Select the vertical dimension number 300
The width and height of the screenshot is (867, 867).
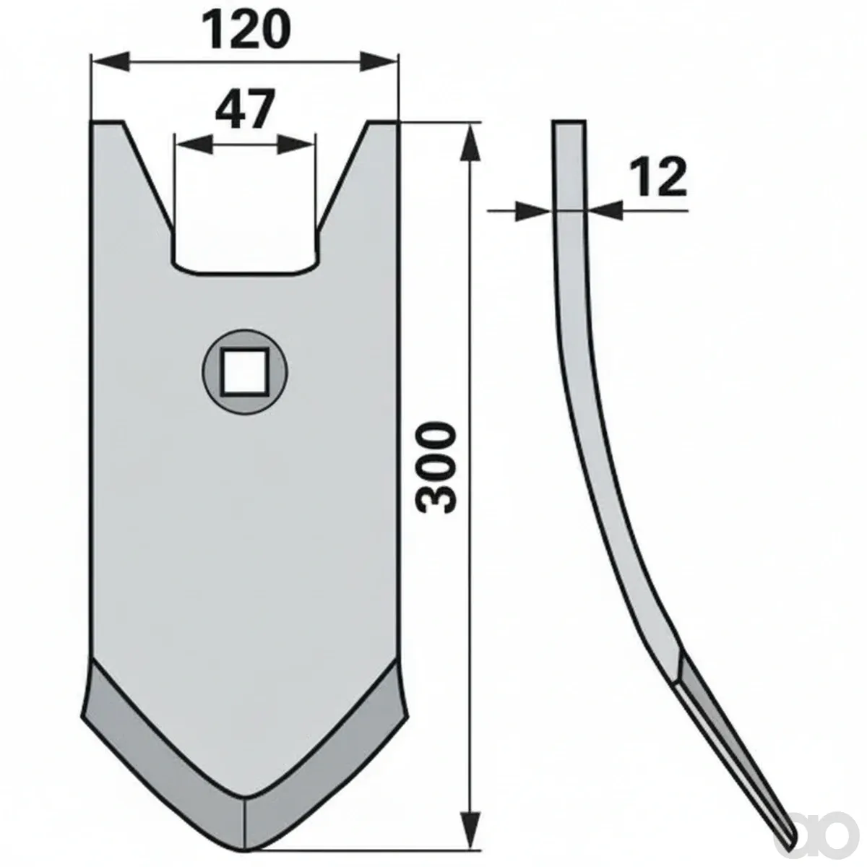(x=435, y=467)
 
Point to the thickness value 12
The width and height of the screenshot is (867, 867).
(x=658, y=178)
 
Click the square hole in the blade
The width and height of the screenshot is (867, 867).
(x=245, y=371)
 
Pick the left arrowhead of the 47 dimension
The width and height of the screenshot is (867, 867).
(x=194, y=144)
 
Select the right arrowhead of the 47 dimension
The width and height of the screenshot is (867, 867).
(x=296, y=144)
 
